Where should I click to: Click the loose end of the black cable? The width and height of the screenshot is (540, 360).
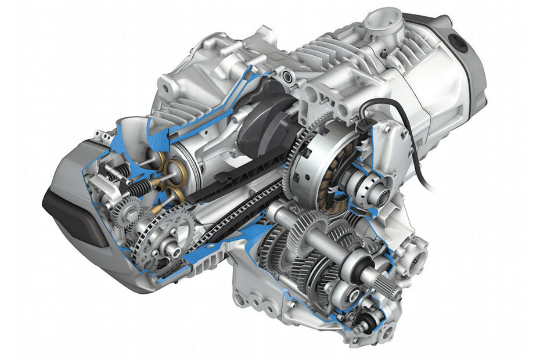(x=432, y=188)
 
